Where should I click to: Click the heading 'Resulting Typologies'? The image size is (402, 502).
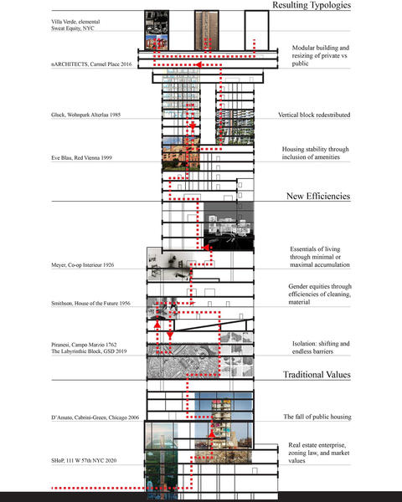[312, 5]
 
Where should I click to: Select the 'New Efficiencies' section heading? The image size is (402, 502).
[318, 196]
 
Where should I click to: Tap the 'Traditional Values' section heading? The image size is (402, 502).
[317, 374]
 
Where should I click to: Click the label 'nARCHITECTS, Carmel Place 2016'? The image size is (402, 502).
[91, 64]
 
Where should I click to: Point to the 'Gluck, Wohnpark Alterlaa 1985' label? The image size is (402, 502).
[86, 115]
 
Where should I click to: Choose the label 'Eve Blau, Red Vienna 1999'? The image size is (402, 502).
[81, 157]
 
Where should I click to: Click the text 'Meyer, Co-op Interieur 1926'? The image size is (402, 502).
[82, 264]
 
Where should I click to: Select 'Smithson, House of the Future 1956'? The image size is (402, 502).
[90, 303]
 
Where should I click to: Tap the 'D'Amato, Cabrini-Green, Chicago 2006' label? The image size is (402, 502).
[95, 417]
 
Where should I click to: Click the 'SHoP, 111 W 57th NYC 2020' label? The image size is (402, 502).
[84, 460]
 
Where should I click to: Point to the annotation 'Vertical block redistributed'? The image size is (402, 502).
[314, 115]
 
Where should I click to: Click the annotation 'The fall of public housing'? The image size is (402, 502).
[317, 417]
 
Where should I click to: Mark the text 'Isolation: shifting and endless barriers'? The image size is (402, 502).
[321, 347]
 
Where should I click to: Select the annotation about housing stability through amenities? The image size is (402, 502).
[315, 153]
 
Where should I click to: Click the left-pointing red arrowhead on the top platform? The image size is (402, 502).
[198, 64]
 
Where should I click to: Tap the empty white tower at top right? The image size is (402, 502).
[256, 30]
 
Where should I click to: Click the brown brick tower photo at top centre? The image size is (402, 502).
[207, 30]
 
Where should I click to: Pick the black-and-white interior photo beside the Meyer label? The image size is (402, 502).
[170, 264]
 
